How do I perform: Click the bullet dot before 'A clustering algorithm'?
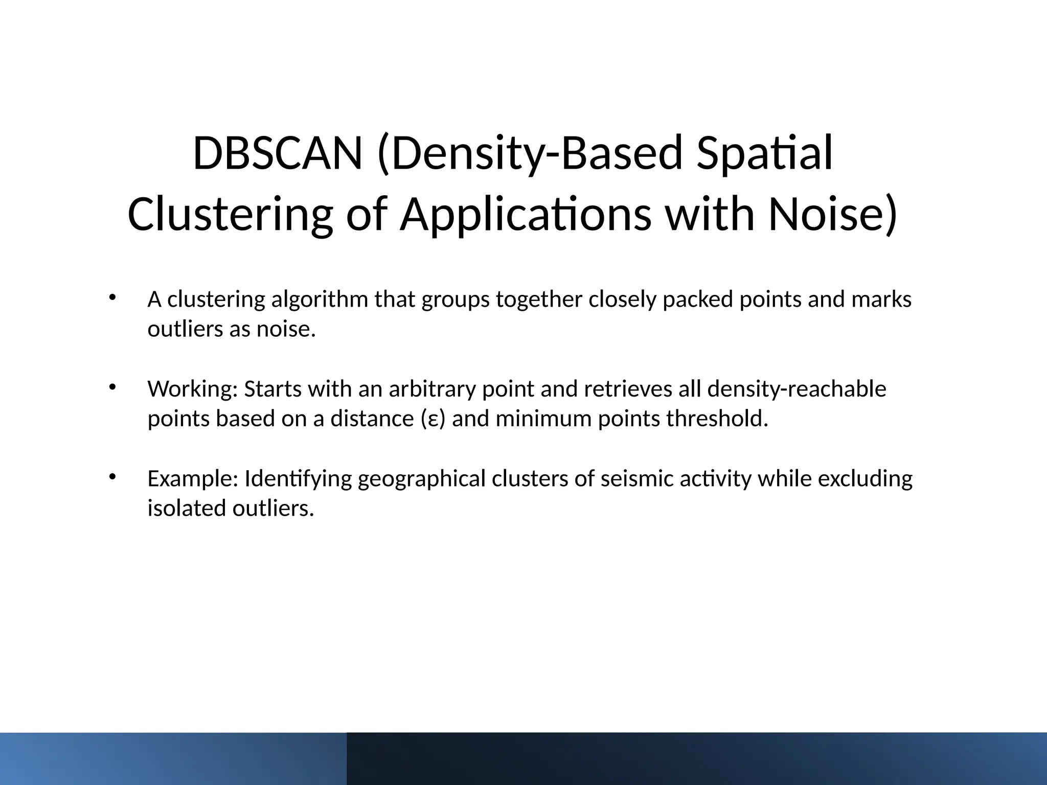pyautogui.click(x=112, y=298)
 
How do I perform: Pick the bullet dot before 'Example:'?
pyautogui.click(x=112, y=477)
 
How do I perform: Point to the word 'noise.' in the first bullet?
pyautogui.click(x=286, y=329)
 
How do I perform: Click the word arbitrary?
pyautogui.click(x=433, y=389)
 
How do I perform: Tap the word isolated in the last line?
pyautogui.click(x=187, y=509)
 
